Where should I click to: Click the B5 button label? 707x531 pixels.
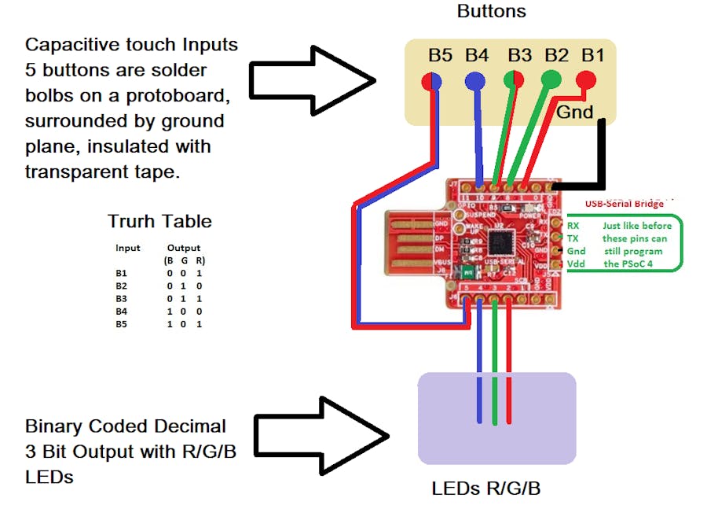(x=440, y=55)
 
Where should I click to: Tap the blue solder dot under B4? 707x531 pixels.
(x=474, y=80)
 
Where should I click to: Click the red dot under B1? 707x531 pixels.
(x=585, y=79)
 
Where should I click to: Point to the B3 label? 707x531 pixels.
(x=519, y=55)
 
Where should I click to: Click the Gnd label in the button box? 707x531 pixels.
(x=575, y=112)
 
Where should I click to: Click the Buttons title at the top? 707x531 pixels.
(x=491, y=11)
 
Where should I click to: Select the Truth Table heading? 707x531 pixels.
(x=159, y=221)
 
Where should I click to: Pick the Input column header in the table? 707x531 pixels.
(x=128, y=248)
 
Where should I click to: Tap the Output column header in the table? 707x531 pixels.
(x=183, y=248)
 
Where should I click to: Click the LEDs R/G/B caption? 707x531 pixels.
(x=485, y=489)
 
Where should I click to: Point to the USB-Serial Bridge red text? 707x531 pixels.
(x=625, y=205)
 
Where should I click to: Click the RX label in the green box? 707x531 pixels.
(x=573, y=225)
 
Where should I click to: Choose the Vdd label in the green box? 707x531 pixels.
(x=577, y=264)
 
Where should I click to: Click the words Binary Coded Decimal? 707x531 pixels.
(x=126, y=426)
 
